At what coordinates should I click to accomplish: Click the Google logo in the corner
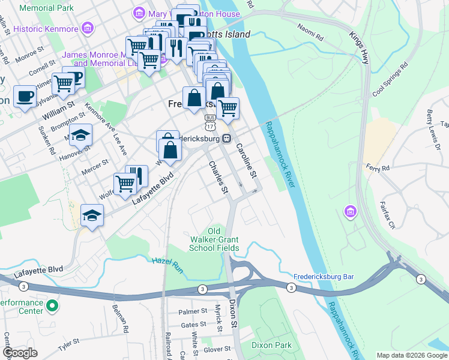(x=20, y=353)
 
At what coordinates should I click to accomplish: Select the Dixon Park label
(x=271, y=345)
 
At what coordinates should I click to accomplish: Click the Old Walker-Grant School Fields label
(x=214, y=239)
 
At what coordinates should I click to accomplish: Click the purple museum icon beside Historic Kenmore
(x=88, y=28)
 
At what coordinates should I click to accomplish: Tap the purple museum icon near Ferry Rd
(x=350, y=211)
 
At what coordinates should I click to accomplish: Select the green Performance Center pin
(x=53, y=306)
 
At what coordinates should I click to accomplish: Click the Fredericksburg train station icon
(x=227, y=139)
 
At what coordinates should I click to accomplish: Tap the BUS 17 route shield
(x=209, y=122)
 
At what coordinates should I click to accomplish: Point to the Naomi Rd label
(x=311, y=32)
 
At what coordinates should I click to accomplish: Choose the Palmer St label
(x=192, y=312)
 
